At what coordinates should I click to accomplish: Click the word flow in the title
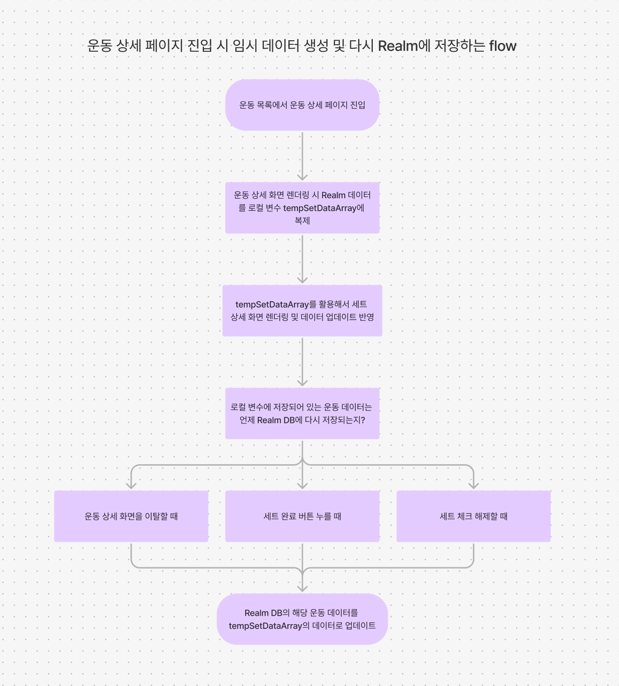click(502, 46)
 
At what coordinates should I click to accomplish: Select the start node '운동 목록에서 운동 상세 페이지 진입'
click(302, 105)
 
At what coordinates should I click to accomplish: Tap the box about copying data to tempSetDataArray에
click(302, 208)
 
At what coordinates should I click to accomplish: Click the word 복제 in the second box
click(302, 221)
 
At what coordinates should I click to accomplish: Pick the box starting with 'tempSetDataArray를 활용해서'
click(302, 311)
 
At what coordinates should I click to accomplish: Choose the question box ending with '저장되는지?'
click(302, 413)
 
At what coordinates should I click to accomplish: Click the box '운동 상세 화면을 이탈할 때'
click(131, 516)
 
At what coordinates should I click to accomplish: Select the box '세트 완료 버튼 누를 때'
click(302, 516)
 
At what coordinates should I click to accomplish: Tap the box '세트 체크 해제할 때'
click(473, 516)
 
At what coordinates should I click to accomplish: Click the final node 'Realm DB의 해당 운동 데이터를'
click(302, 619)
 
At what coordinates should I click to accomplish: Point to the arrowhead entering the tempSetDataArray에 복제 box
click(302, 177)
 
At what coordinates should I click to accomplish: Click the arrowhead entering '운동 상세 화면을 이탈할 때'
click(131, 485)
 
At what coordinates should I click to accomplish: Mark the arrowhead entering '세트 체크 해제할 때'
click(473, 485)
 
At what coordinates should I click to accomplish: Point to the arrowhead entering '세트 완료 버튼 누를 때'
click(302, 485)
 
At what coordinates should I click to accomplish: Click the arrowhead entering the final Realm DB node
click(302, 588)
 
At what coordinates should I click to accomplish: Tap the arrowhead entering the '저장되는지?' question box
click(302, 382)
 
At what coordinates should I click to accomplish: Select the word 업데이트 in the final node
click(360, 626)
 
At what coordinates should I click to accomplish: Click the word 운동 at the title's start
click(99, 46)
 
